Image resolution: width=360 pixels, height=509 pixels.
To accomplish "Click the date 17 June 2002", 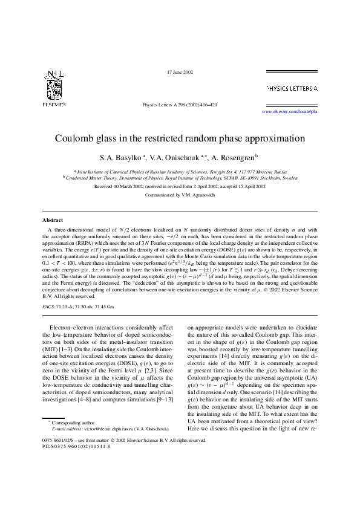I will coord(180,73).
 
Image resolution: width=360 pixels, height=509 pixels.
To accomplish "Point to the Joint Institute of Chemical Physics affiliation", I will coord(180,172).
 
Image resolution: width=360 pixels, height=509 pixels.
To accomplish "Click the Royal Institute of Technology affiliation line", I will coord(180,178).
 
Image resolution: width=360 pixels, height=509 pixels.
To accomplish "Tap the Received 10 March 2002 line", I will coord(180,187).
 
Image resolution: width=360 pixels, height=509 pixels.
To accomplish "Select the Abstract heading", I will coord(52,221).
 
